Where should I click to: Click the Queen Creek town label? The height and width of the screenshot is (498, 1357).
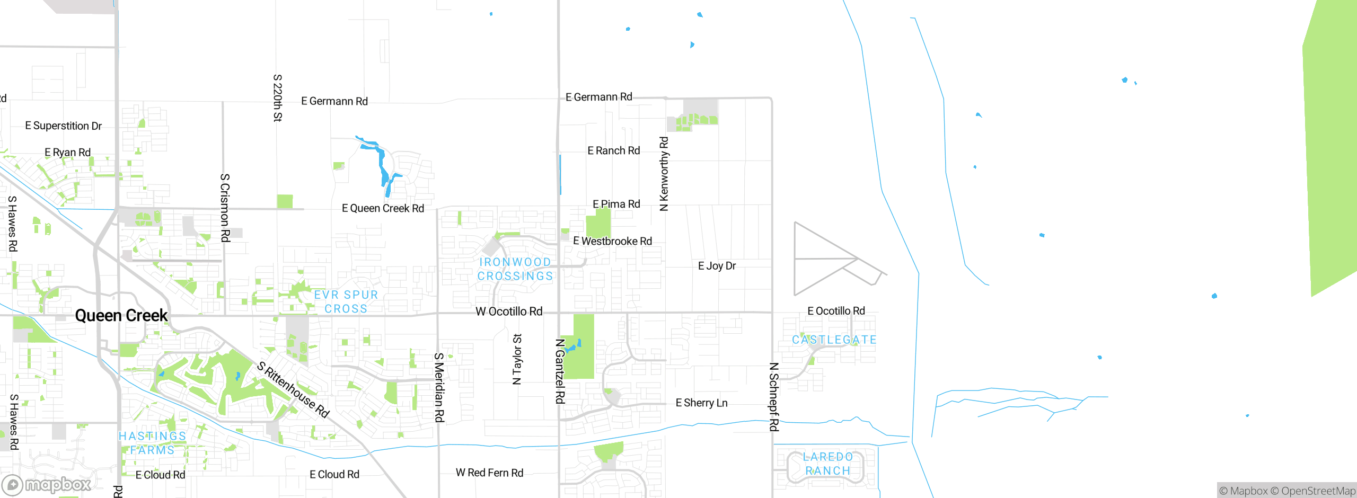[x=121, y=316]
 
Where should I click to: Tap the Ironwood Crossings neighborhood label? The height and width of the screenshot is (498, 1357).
[x=515, y=269]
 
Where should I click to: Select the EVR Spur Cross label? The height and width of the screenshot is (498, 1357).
[x=346, y=302]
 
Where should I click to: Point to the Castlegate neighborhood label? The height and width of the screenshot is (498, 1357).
[x=834, y=340]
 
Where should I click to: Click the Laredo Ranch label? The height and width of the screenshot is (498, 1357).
[x=828, y=464]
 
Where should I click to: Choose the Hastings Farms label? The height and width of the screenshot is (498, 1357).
[x=153, y=443]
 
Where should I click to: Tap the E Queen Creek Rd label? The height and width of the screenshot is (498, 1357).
[x=383, y=208]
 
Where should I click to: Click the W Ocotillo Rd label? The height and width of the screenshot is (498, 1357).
[x=509, y=312]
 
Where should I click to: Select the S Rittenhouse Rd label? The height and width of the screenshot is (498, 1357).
[x=293, y=389]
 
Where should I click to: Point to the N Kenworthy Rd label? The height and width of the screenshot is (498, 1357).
[x=664, y=174]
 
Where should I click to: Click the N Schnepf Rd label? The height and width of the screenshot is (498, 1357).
[x=774, y=397]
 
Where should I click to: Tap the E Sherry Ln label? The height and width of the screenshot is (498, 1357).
[x=701, y=403]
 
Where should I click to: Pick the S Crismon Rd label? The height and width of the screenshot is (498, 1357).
[x=225, y=208]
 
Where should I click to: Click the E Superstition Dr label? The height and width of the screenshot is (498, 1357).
[x=64, y=126]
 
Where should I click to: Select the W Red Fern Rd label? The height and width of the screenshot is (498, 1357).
[x=489, y=473]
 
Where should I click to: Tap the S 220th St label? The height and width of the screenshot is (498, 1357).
[x=277, y=98]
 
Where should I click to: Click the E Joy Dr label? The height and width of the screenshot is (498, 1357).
[x=717, y=266]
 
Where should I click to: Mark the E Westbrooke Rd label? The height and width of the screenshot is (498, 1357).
[x=612, y=241]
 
